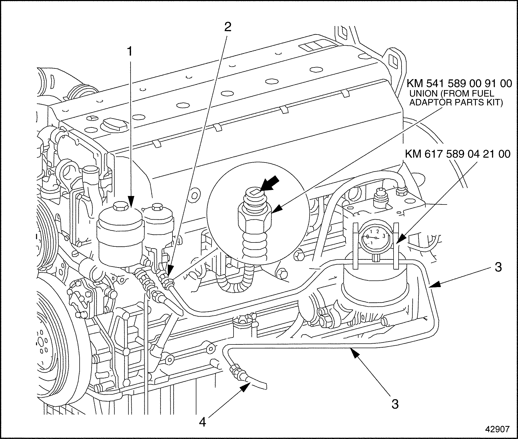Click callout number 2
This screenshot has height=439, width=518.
point(227,27)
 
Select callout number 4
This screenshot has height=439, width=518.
point(202,422)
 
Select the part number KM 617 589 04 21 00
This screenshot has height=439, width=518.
point(458,154)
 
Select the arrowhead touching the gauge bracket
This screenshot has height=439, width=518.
point(400,237)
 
